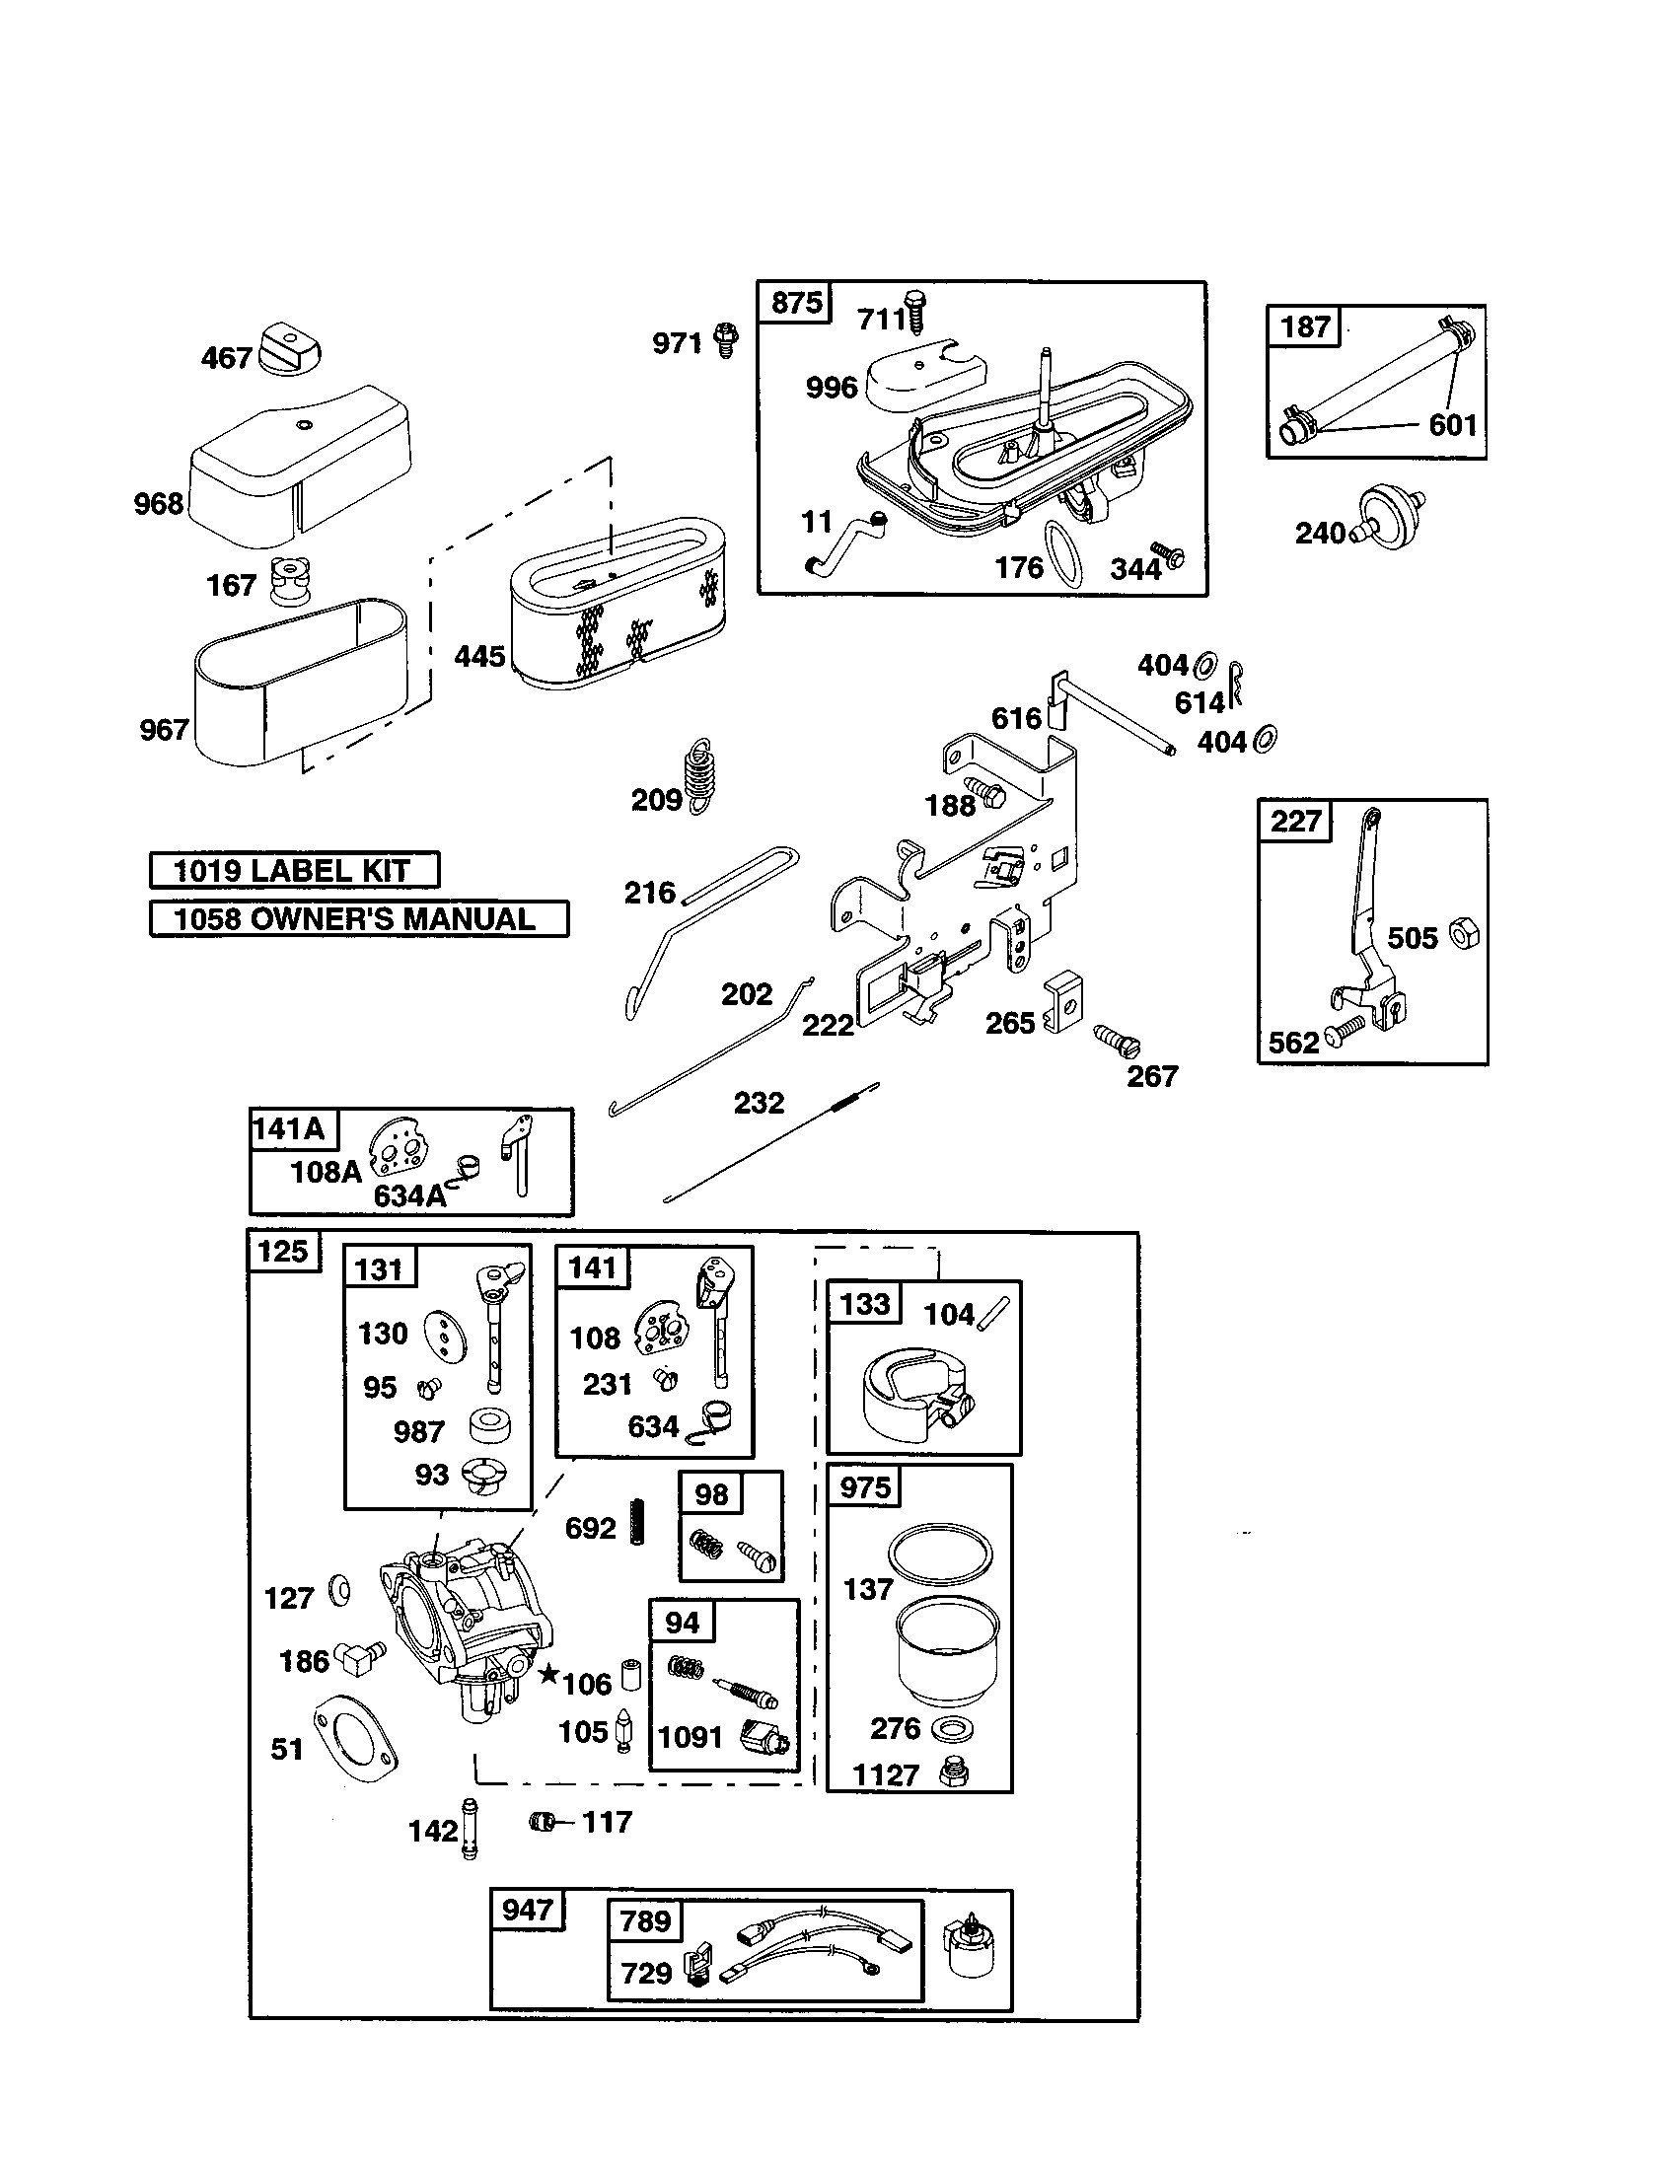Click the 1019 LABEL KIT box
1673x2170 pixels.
(x=294, y=870)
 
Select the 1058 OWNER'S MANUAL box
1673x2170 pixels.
(x=359, y=918)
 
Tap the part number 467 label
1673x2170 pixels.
(x=227, y=358)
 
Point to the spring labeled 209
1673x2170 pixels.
(x=700, y=776)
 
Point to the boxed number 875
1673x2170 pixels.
(x=796, y=302)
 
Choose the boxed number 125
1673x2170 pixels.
(x=284, y=1251)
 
